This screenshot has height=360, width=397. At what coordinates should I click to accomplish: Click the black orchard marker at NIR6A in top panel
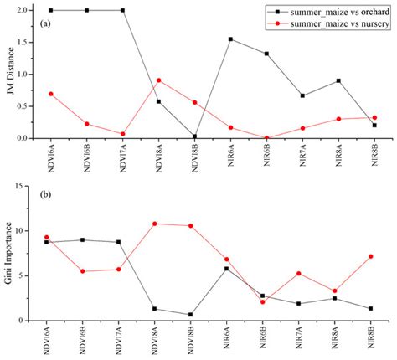click(230, 39)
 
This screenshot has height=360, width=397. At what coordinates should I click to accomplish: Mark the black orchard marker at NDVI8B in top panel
click(194, 136)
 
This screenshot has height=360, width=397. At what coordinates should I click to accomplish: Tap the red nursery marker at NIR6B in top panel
click(266, 138)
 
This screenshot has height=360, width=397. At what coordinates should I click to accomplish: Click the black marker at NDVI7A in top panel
click(123, 10)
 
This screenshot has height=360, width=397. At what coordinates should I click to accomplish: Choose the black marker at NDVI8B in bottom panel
click(194, 315)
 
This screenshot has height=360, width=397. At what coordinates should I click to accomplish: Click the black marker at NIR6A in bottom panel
click(230, 269)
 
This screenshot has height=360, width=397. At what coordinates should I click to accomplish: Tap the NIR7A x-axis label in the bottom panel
click(302, 340)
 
